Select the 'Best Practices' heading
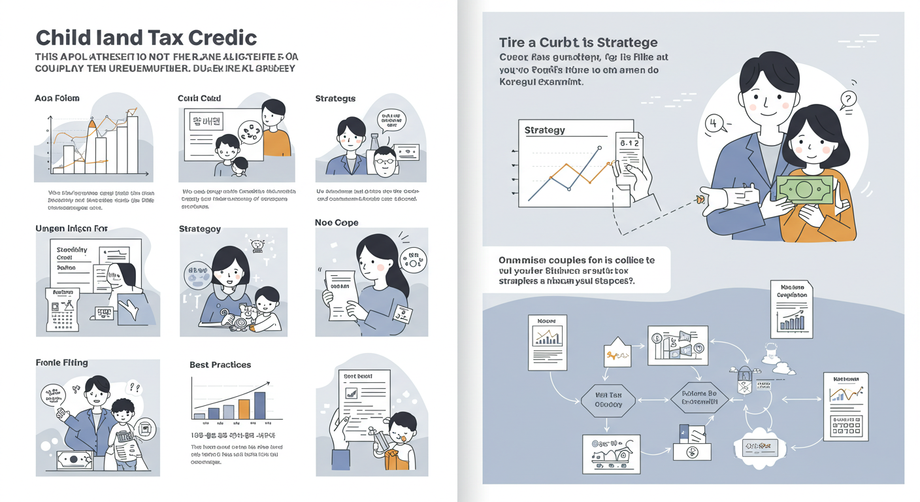(220, 365)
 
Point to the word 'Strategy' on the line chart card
(544, 130)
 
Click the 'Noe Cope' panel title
(336, 223)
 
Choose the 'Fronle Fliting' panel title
(61, 363)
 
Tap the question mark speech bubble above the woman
(847, 100)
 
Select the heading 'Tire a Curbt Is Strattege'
(578, 42)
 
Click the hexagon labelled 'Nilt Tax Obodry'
(608, 399)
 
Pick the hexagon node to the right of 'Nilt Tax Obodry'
(699, 398)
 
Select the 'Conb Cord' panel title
(199, 99)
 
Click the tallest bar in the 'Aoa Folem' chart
(133, 144)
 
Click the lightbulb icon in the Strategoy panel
(256, 245)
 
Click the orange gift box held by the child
(396, 458)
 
